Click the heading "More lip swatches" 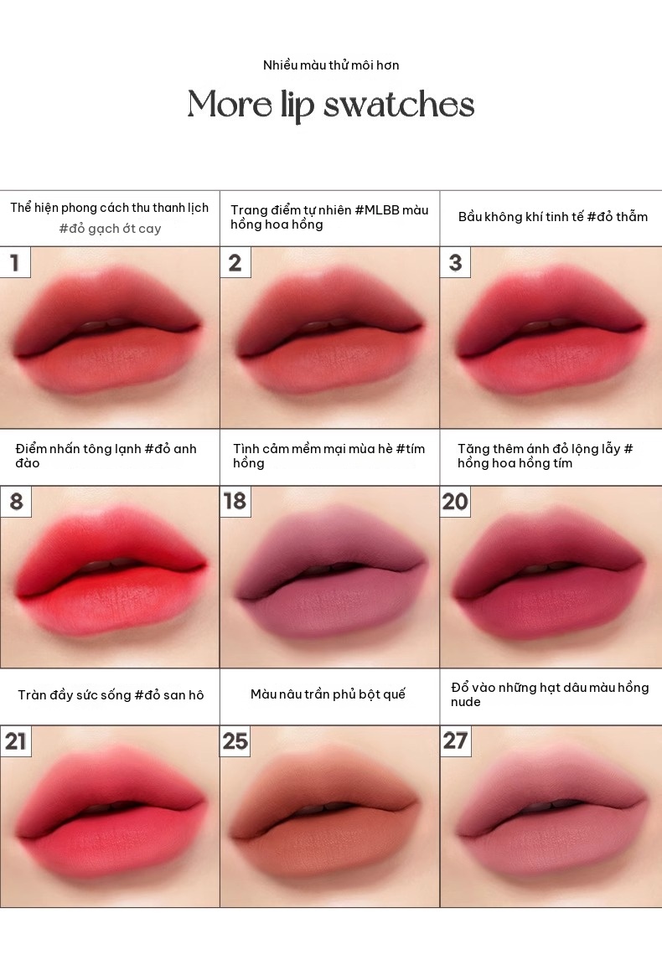click(x=331, y=105)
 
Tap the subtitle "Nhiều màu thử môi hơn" click(x=331, y=65)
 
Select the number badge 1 click(x=15, y=262)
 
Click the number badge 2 click(x=235, y=262)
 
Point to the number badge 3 click(x=455, y=262)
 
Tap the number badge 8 click(x=15, y=501)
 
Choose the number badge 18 click(x=235, y=501)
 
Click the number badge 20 click(x=455, y=501)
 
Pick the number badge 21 click(x=15, y=740)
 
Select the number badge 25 click(x=235, y=740)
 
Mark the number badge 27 click(x=455, y=740)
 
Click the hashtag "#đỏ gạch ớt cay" click(x=110, y=229)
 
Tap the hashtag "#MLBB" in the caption click(x=377, y=210)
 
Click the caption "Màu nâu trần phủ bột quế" click(x=328, y=694)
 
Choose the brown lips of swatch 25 click(x=323, y=816)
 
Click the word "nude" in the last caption click(x=465, y=702)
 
